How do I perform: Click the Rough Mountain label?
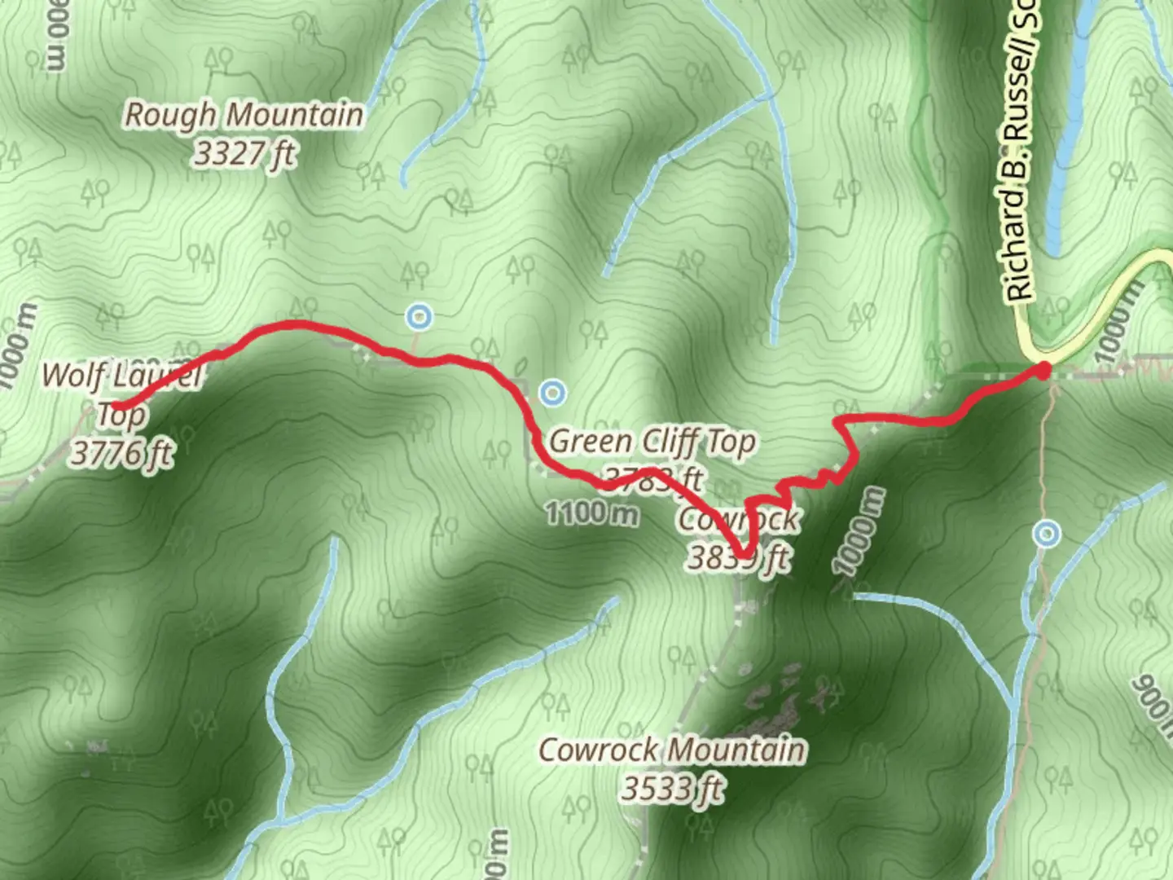243,115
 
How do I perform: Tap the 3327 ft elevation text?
244,153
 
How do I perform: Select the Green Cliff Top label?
652,442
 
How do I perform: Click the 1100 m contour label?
591,513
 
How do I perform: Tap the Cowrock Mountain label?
672,750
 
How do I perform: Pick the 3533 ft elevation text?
672,788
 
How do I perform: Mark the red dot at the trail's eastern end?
1042,372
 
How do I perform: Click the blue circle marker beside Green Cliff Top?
553,393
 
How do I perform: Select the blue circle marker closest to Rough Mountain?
419,315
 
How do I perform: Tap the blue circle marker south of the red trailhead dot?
1047,534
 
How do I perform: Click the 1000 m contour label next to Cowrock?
859,532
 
